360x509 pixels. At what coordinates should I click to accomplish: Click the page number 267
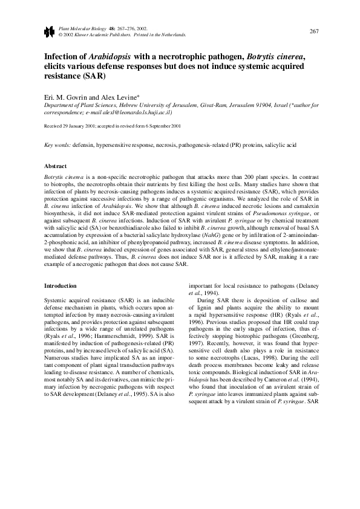click(x=313, y=31)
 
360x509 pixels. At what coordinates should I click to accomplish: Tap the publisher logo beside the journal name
click(x=49, y=31)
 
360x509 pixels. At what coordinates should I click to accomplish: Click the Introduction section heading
click(x=61, y=285)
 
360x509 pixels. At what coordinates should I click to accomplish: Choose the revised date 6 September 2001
click(x=166, y=127)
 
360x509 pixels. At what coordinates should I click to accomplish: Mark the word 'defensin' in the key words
click(x=85, y=146)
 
